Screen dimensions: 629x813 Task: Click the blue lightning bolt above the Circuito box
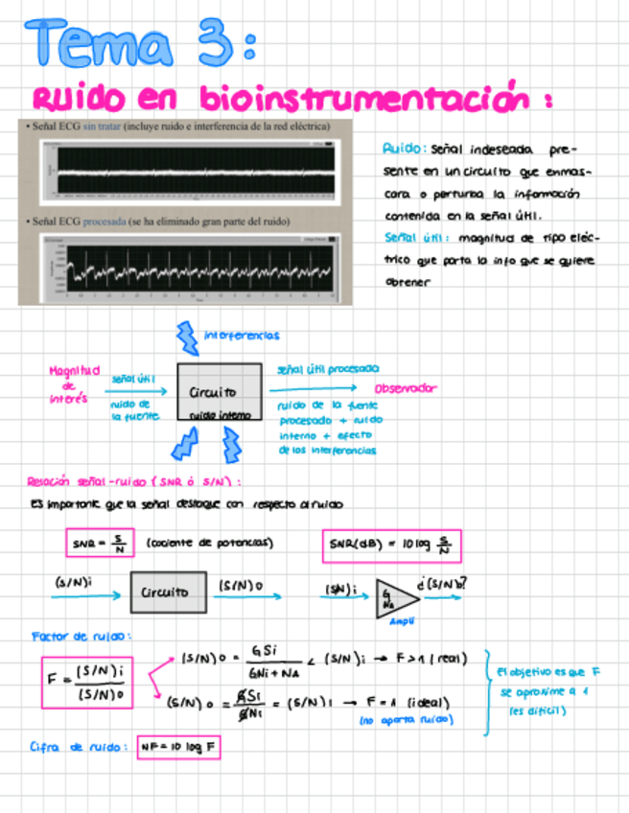point(186,337)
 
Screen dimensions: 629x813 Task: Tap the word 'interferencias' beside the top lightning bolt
point(241,336)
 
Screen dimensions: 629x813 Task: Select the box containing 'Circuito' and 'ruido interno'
point(218,392)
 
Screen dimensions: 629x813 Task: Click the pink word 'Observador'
point(405,388)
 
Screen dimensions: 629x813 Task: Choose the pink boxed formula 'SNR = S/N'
point(93,544)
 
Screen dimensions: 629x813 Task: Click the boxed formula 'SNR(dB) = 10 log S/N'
point(391,546)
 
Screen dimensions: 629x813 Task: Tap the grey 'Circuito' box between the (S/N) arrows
point(167,592)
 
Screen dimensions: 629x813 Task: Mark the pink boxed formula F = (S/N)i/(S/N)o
point(87,683)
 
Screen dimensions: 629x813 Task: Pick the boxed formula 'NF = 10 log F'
point(177,746)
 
